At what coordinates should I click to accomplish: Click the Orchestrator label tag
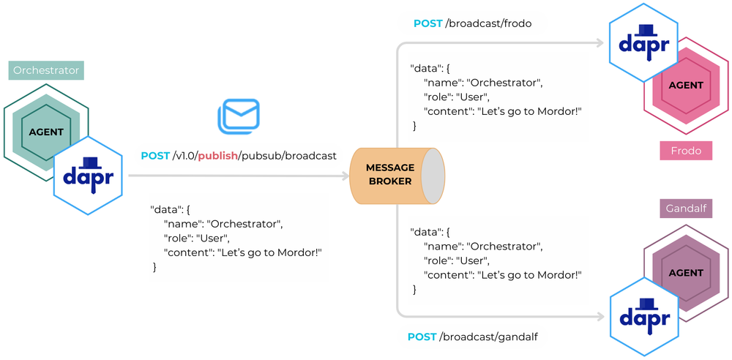coord(46,70)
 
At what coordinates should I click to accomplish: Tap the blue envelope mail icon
coord(239,116)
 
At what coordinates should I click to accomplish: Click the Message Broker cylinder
coord(395,175)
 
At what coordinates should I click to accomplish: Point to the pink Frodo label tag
coord(686,151)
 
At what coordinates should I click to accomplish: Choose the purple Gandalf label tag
coord(686,209)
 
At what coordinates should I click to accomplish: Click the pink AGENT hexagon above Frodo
coord(686,86)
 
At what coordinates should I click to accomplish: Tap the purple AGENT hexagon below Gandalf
coord(686,273)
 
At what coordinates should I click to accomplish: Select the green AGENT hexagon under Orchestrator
coord(46,132)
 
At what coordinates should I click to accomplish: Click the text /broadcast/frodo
coord(488,23)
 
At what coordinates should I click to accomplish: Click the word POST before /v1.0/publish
coord(155,156)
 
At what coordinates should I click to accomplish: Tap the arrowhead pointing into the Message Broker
coord(343,176)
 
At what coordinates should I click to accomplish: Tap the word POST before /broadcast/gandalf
coord(421,337)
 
